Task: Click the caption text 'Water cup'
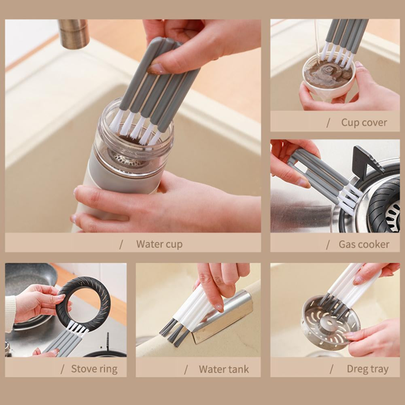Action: [x=159, y=244]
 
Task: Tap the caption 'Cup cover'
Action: [x=364, y=122]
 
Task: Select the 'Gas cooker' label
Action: [x=364, y=244]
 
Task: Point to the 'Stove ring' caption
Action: [x=94, y=369]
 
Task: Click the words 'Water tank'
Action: [x=224, y=369]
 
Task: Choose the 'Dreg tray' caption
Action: [x=367, y=369]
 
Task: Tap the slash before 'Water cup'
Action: [x=121, y=244]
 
